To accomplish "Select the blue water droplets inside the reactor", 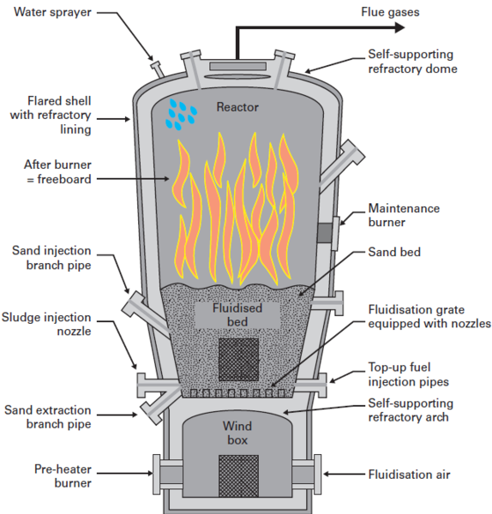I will coord(180,114).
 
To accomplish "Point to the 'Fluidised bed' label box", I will coord(237,314).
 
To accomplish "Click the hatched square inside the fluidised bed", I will coord(237,360).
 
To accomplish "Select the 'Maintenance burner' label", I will coord(404,215).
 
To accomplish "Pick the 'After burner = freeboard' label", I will coord(52,172).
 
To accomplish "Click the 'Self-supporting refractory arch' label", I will coord(412,409).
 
